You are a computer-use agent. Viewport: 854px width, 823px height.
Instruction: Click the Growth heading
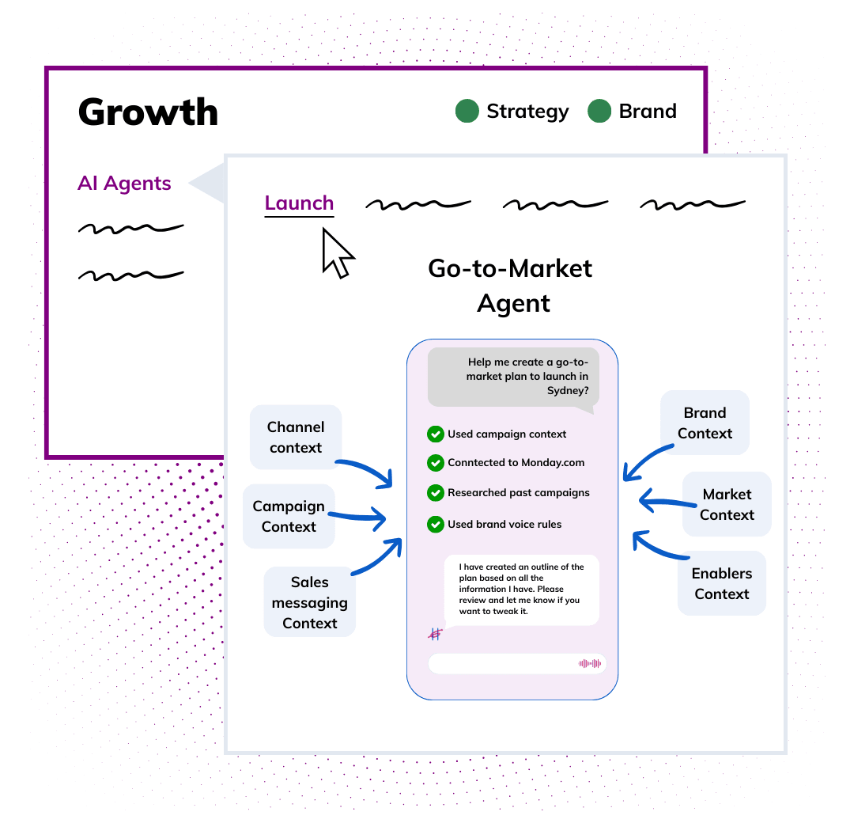[148, 112]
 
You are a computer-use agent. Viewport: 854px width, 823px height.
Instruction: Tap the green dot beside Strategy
[467, 112]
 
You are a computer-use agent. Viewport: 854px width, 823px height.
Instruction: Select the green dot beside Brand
[599, 112]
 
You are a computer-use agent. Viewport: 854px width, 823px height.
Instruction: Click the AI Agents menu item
[124, 183]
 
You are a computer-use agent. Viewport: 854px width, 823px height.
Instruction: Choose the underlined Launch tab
[299, 203]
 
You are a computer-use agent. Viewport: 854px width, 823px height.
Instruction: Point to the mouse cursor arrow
[337, 252]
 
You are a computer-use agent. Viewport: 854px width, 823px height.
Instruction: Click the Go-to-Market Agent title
[511, 286]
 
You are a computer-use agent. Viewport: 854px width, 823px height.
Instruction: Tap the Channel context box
[296, 437]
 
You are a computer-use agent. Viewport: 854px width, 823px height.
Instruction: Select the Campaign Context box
[289, 516]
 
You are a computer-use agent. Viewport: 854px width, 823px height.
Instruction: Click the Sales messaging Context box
[310, 602]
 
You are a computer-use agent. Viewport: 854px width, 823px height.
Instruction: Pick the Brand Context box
[705, 423]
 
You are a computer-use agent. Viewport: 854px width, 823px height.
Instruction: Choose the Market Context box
[727, 504]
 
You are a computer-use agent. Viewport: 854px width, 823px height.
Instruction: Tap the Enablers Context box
[722, 583]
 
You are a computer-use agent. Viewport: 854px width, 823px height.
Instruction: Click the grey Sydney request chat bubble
[513, 377]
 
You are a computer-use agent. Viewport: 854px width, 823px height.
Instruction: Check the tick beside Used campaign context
[435, 434]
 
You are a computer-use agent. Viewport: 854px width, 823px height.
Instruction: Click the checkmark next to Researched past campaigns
[435, 492]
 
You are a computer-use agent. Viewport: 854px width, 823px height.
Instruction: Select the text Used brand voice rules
[504, 524]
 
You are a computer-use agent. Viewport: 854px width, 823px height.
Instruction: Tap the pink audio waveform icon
[590, 663]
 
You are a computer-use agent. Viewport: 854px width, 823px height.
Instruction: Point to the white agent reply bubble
[521, 590]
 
